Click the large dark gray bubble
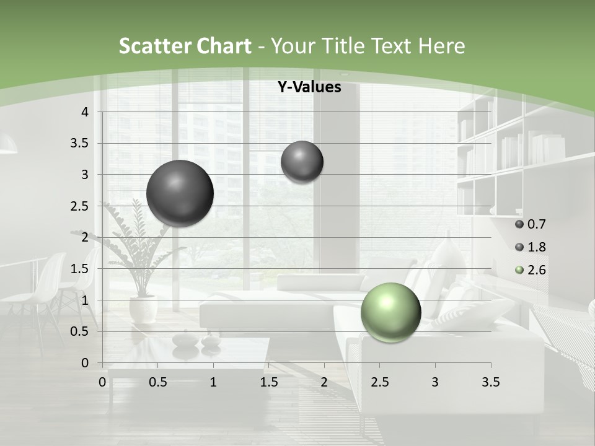pos(180,193)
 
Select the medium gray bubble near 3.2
pos(302,162)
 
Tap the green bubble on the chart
pos(390,312)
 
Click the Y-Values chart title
pos(309,87)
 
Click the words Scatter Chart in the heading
pos(185,46)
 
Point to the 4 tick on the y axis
pos(85,112)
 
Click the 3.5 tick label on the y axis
pos(79,143)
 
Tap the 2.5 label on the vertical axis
pos(79,206)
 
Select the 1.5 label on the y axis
pos(79,269)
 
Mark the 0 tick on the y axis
pos(85,363)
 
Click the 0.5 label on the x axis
pos(158,383)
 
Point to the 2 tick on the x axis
pos(324,383)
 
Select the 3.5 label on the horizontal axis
pos(490,383)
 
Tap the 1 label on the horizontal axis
pos(213,383)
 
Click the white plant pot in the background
pos(143,308)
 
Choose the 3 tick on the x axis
pos(435,383)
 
